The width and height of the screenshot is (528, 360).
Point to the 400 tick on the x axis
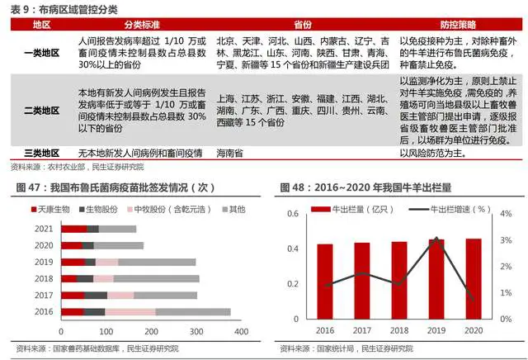pyautogui.click(x=242, y=330)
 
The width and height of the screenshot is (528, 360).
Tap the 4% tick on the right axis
pyautogui.click(x=495, y=214)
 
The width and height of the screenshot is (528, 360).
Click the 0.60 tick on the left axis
pyautogui.click(x=294, y=214)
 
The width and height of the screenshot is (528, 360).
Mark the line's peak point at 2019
pyautogui.click(x=436, y=239)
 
